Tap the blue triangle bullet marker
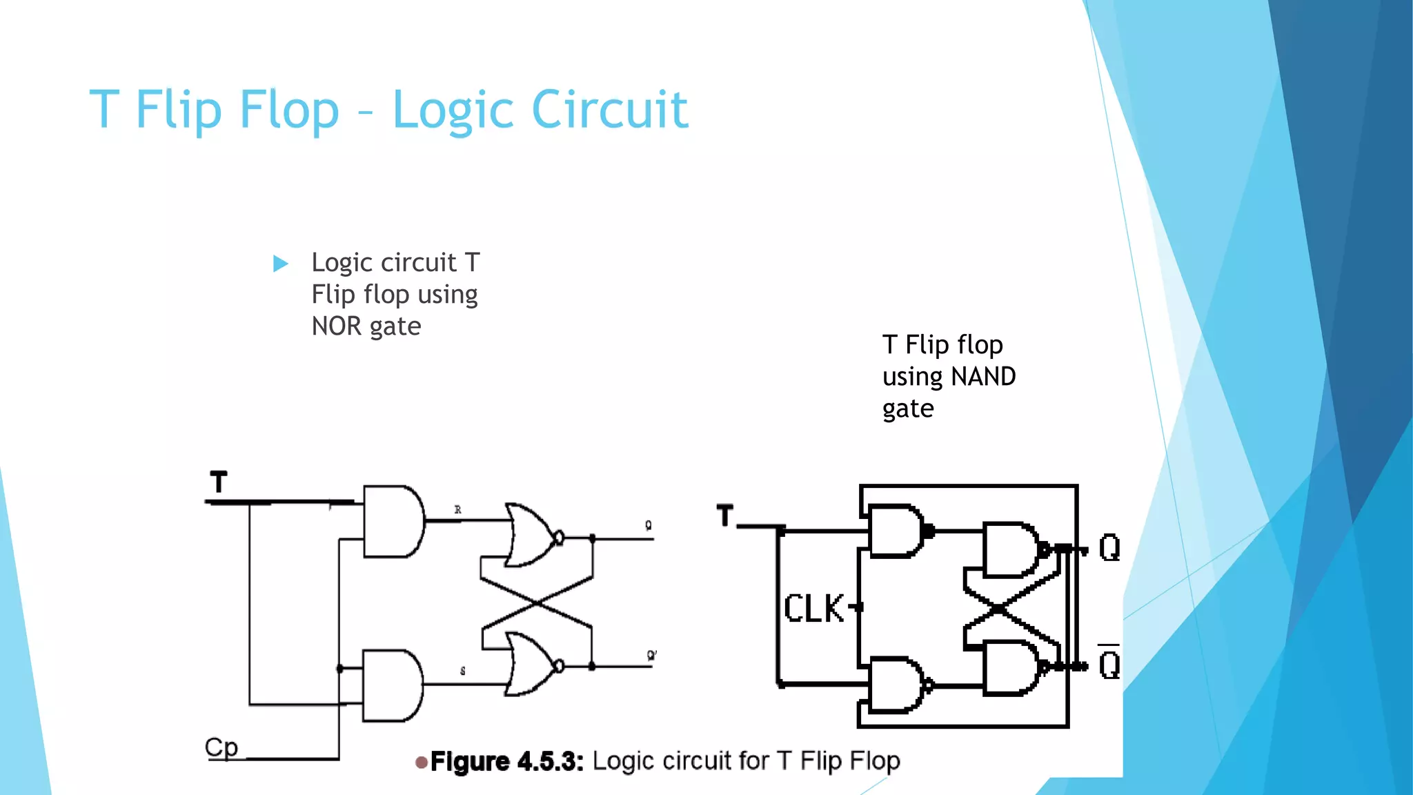(x=280, y=263)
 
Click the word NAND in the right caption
(x=982, y=377)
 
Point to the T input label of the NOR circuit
(x=219, y=482)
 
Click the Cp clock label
(x=221, y=747)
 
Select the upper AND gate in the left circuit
(x=392, y=521)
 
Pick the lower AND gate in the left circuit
(x=391, y=685)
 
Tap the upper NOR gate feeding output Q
(x=531, y=536)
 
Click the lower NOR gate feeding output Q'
(x=531, y=664)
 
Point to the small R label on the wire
(x=457, y=510)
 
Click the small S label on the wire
(x=462, y=671)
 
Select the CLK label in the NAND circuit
(x=813, y=609)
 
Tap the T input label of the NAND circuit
(x=724, y=516)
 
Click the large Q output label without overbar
(x=1109, y=548)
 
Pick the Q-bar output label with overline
(x=1109, y=664)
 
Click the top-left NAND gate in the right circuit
(x=896, y=531)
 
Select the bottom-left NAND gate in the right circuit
(x=896, y=685)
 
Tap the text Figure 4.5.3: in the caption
(x=507, y=762)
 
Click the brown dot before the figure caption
(x=421, y=763)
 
